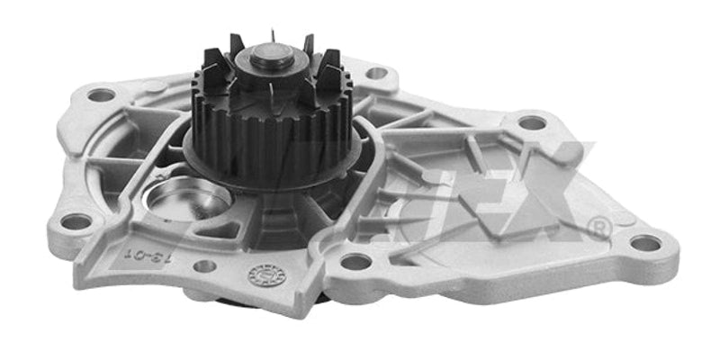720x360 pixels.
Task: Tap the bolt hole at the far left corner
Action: pos(101,94)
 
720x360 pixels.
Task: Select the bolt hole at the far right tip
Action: pos(645,242)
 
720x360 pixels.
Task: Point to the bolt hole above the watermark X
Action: pos(532,122)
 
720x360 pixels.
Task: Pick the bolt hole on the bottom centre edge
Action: pos(356,263)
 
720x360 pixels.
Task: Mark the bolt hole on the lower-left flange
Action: pos(76,221)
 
